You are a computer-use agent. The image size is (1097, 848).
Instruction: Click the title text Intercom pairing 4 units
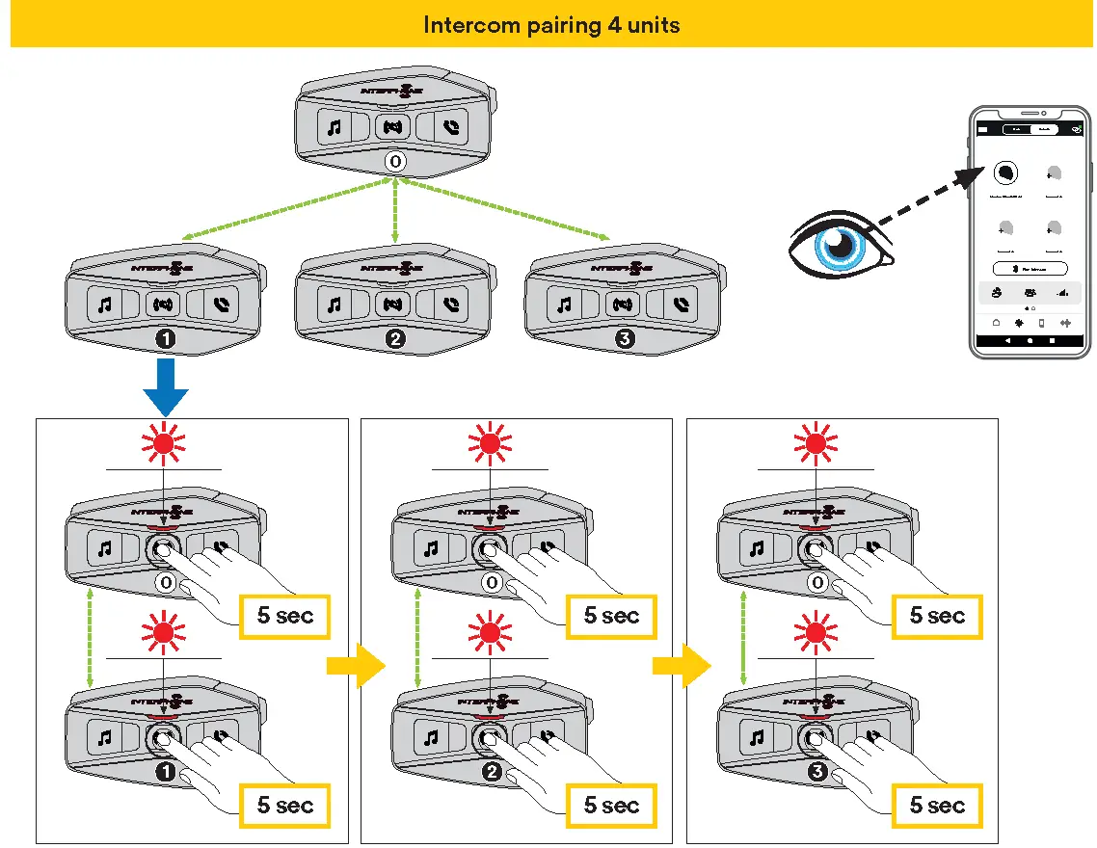pos(551,24)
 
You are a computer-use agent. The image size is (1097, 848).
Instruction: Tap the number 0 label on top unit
pos(394,161)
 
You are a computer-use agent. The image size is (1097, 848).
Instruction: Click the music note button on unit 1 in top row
pos(104,305)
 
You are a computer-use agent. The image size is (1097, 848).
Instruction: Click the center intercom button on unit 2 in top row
pos(392,305)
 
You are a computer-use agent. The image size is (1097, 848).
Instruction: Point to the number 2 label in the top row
pos(394,339)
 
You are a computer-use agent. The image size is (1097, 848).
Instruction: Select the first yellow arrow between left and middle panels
pos(356,666)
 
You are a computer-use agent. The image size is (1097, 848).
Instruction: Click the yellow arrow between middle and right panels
pos(682,666)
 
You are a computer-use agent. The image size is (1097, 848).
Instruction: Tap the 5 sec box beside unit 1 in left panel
pos(285,805)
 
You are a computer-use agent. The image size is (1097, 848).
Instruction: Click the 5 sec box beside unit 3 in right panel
pos(937,805)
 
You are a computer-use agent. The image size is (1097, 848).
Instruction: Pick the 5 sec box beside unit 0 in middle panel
pos(611,616)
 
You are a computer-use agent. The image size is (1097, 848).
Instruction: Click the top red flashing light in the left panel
pos(163,443)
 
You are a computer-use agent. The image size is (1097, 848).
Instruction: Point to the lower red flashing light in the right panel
pos(816,632)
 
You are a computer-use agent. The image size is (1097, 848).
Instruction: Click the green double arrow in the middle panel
pos(416,640)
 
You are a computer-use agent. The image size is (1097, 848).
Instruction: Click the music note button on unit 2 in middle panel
pos(431,737)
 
